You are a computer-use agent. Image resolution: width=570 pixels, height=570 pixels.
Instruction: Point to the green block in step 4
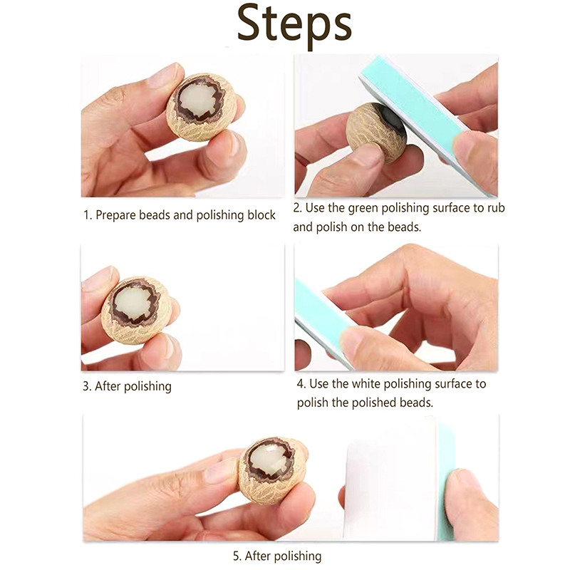(323, 320)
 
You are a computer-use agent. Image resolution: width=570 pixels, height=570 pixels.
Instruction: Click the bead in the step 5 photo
(271, 470)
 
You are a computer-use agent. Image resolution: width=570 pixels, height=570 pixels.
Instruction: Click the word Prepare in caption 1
(115, 215)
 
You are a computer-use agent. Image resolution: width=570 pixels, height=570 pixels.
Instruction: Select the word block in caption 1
(261, 214)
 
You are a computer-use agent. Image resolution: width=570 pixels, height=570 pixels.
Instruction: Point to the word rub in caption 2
(496, 207)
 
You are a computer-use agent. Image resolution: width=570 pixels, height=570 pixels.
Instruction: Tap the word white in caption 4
(366, 383)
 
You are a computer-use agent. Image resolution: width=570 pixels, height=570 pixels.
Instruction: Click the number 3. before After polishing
(87, 386)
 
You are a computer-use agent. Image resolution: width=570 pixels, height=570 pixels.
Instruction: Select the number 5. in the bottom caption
(237, 556)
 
